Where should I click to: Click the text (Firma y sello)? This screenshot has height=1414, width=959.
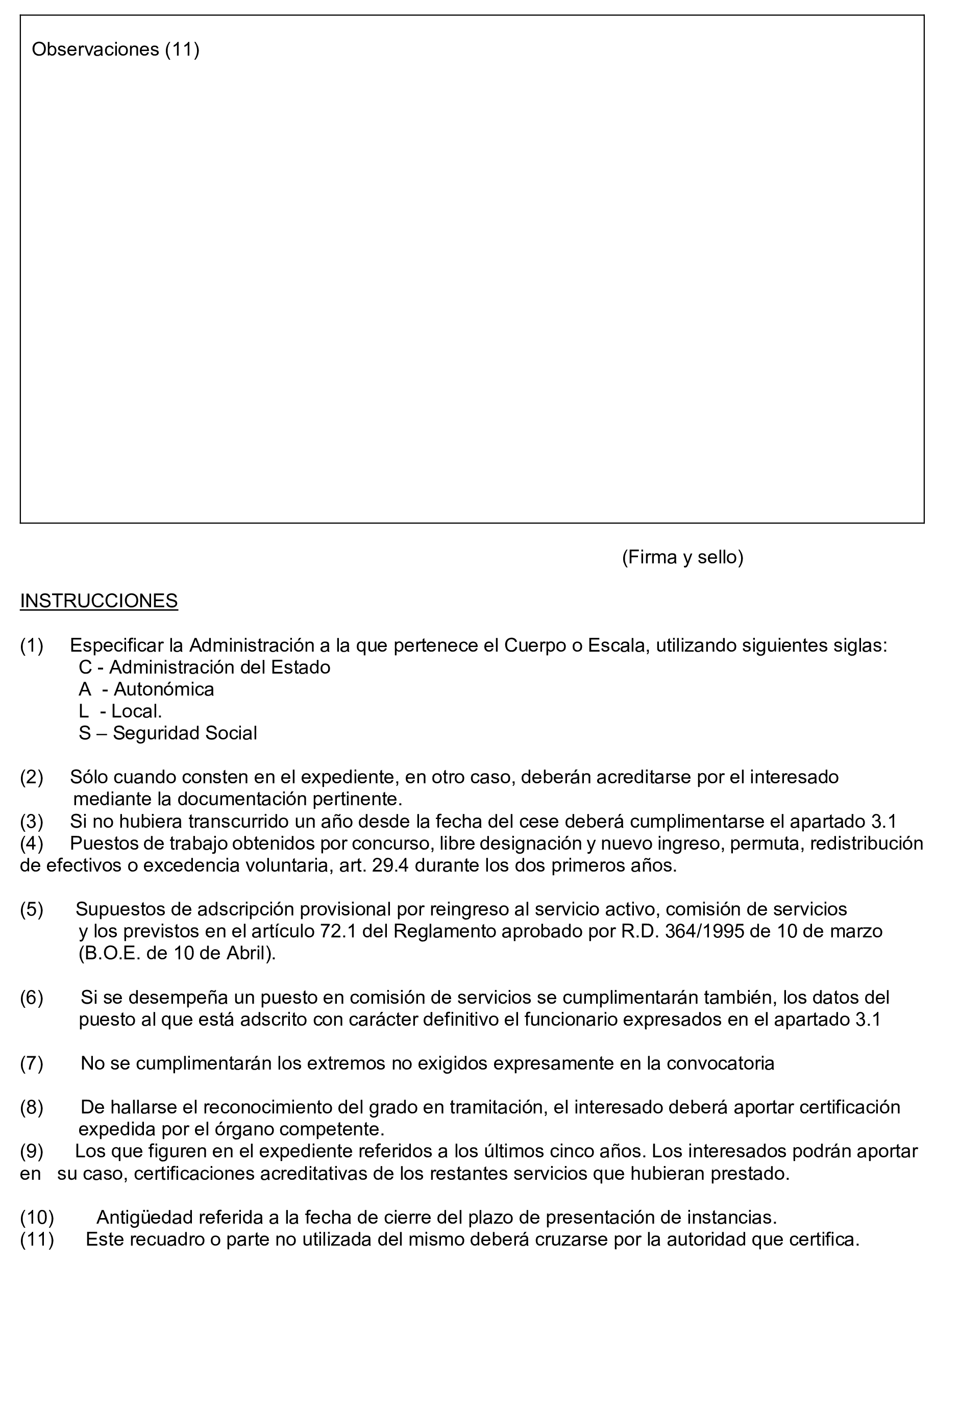coord(682,557)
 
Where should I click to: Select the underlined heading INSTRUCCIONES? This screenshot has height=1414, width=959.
coord(99,601)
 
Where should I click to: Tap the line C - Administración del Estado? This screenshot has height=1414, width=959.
coord(205,667)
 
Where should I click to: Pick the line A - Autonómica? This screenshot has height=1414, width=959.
coord(146,689)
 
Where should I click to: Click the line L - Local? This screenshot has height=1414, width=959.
coord(120,711)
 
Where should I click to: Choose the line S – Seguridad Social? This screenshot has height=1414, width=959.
coord(168,733)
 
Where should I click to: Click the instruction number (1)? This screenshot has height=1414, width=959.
coord(32,646)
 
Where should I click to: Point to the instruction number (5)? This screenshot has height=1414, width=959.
coord(32,909)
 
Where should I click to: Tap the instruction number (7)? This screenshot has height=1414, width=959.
coord(32,1063)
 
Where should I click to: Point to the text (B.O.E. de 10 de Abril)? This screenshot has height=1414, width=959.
coord(177,953)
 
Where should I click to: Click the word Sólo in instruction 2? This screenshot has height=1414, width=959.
coord(89,777)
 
